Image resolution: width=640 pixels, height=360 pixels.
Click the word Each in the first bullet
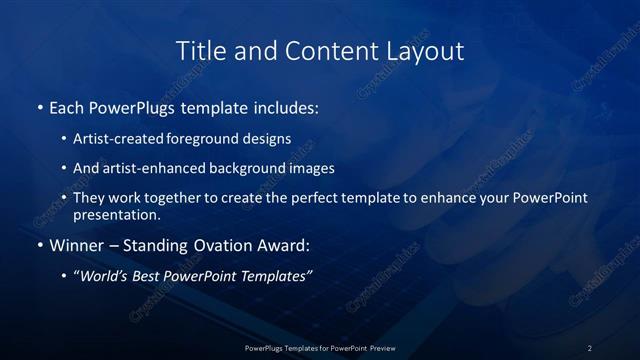pos(67,107)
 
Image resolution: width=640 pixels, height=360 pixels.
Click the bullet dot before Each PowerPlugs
pos(39,107)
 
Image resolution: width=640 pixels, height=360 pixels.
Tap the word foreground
pos(216,139)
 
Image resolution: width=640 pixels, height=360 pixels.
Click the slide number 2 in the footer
pos(590,348)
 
